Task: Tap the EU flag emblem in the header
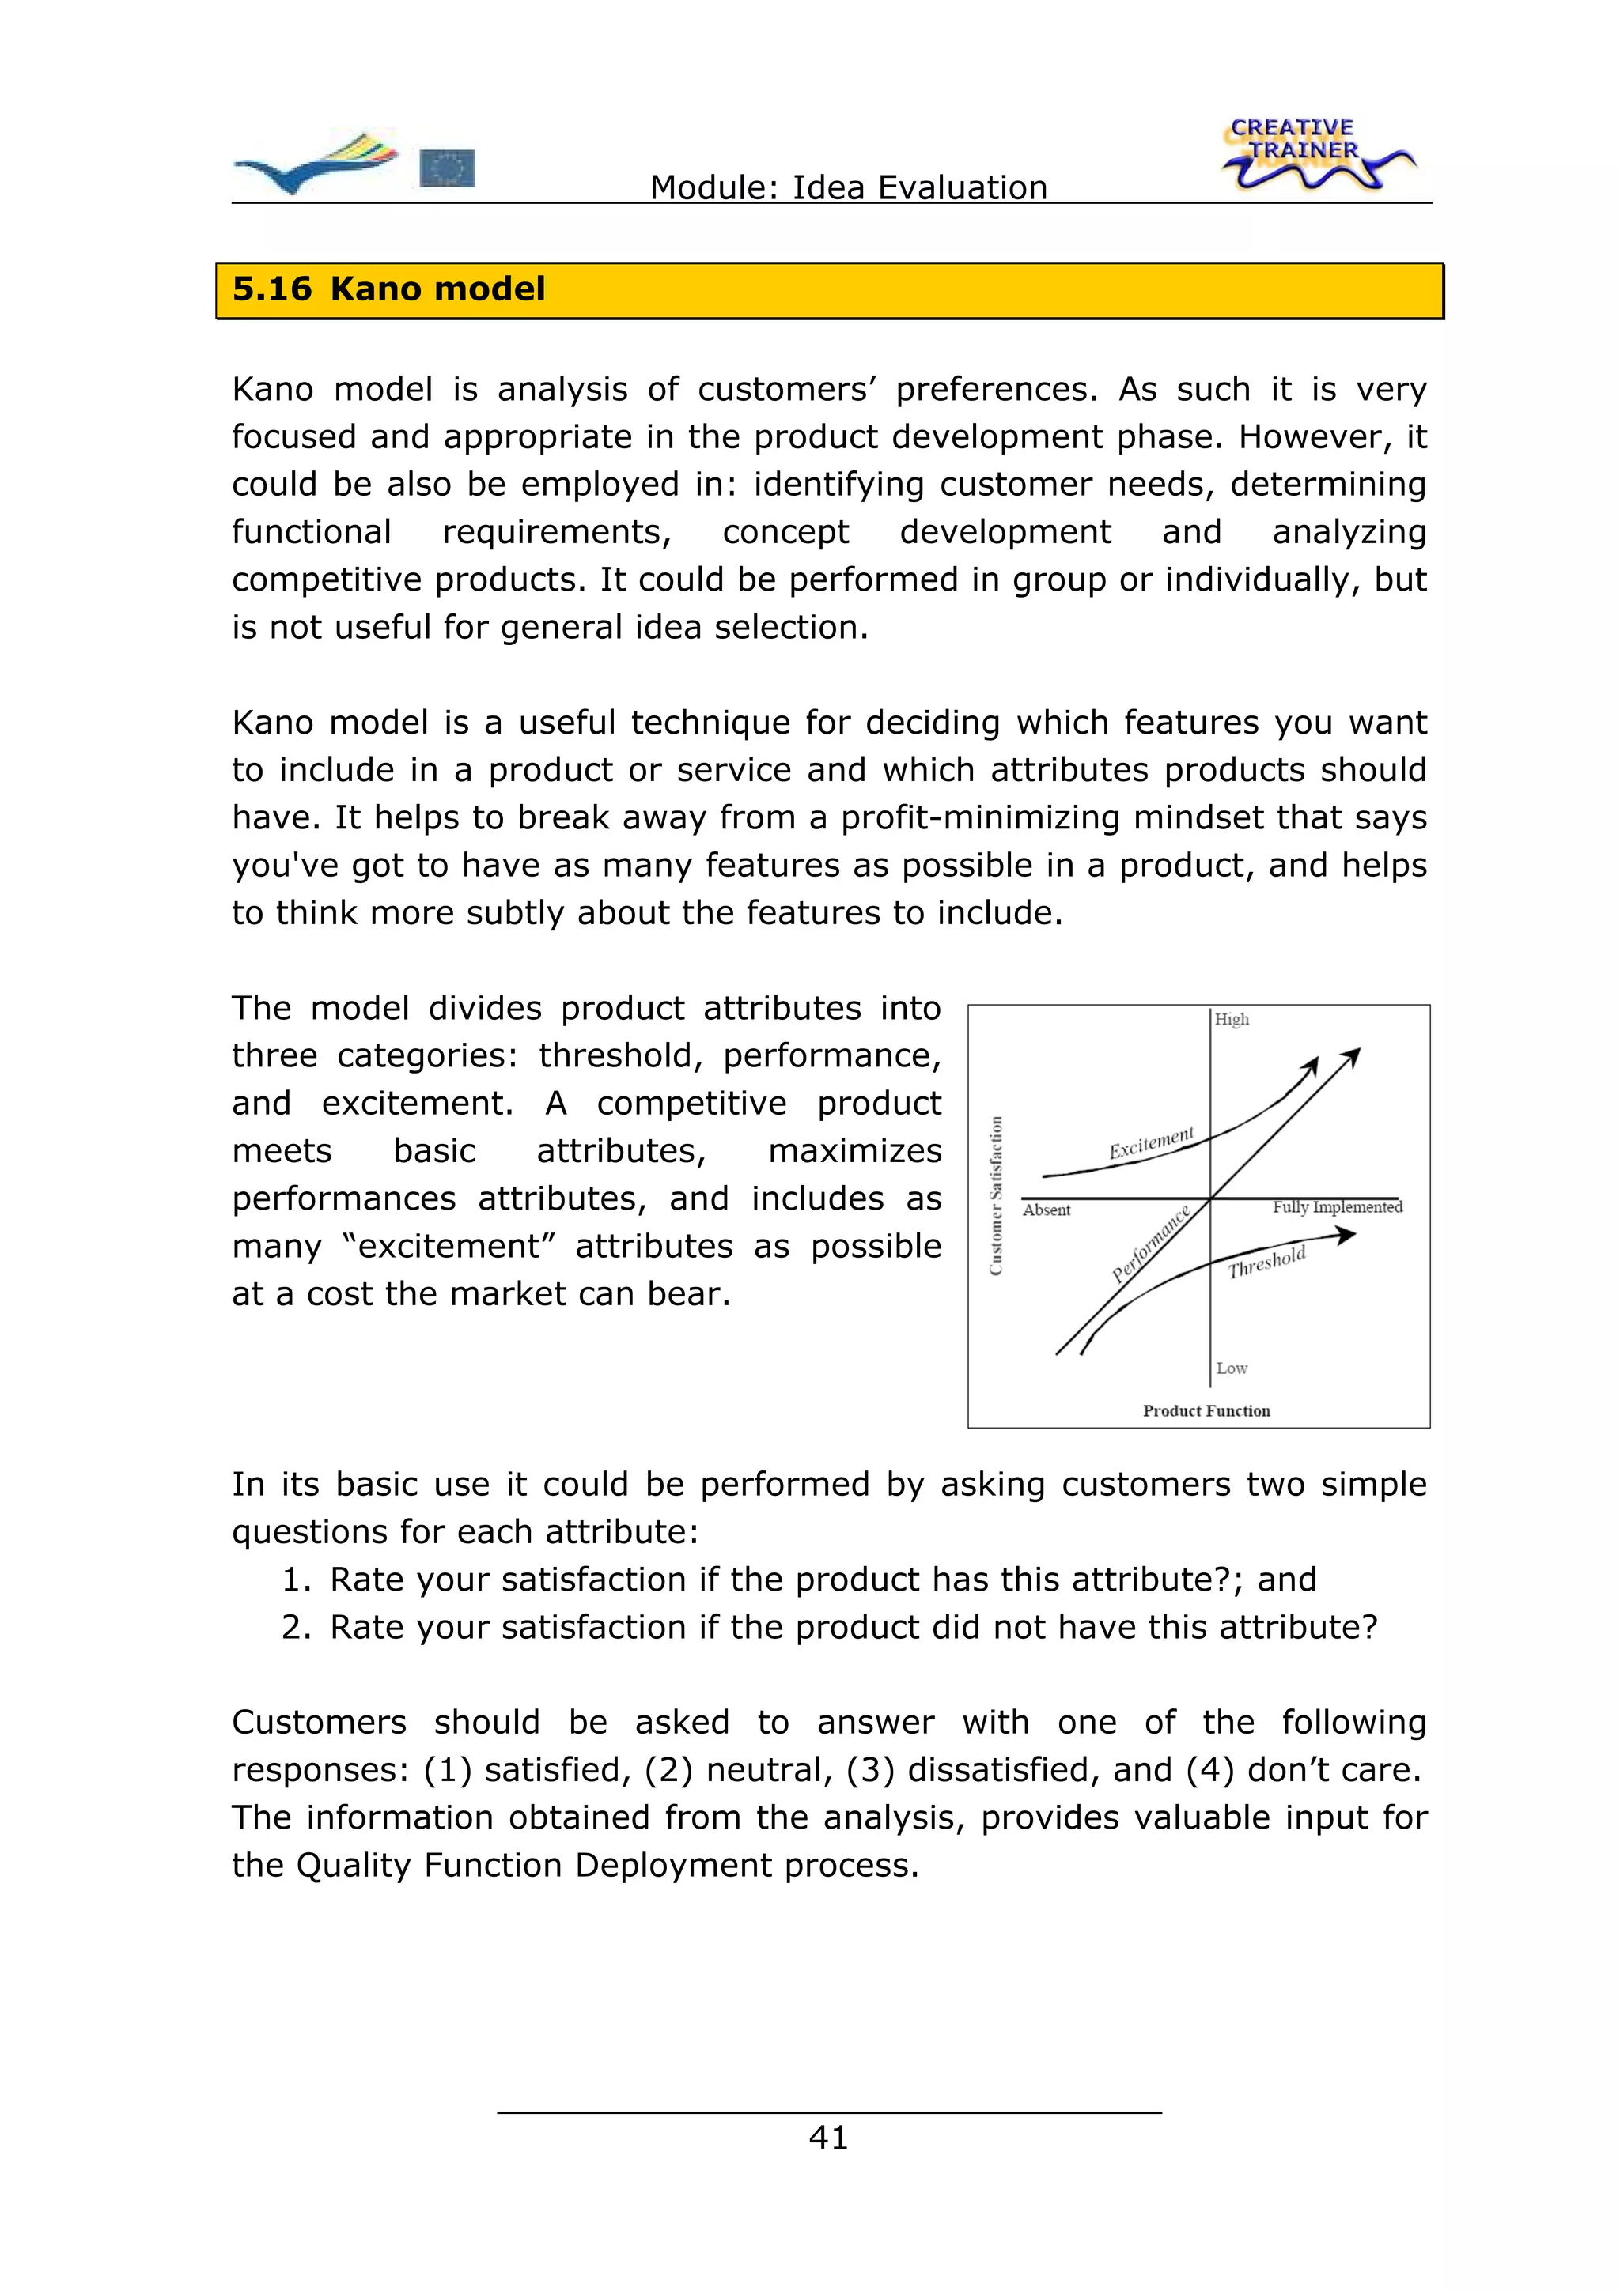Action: tap(447, 168)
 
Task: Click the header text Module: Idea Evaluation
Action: tap(849, 187)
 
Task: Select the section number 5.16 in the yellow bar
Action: tap(271, 289)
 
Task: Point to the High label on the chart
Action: tap(1232, 1019)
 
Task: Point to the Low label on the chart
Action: tap(1232, 1368)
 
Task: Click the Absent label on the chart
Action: tap(1046, 1210)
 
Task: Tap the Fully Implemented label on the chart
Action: tap(1337, 1207)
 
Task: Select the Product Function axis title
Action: tap(1206, 1411)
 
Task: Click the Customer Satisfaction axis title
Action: tap(995, 1195)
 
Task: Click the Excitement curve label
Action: tap(1151, 1143)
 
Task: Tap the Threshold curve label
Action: tap(1266, 1263)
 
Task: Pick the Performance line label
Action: tap(1151, 1244)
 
